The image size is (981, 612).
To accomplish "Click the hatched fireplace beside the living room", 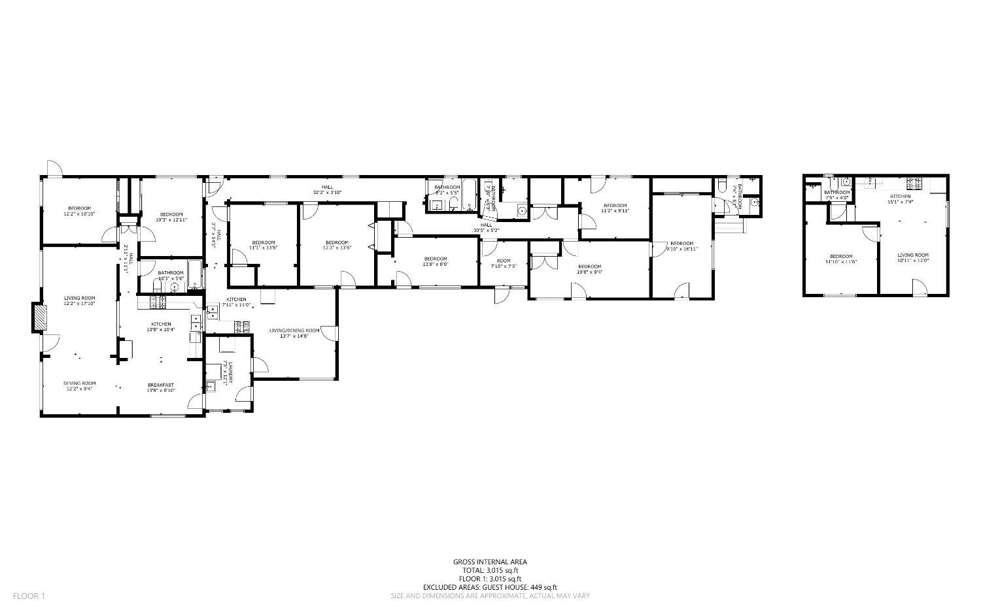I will coord(41,318).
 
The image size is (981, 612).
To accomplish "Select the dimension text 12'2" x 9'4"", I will coord(79,389).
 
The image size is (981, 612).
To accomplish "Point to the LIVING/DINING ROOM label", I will coord(294,330).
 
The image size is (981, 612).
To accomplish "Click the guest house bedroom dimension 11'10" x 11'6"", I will coord(841,262).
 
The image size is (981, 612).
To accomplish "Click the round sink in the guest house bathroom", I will coord(846,182).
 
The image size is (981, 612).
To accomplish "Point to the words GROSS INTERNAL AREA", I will coord(490,562).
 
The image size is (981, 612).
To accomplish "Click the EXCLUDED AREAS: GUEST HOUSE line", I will coord(490,587).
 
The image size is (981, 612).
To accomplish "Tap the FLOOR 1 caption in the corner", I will coord(29,596).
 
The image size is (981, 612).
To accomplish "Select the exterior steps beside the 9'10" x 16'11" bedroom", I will coord(730,225).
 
